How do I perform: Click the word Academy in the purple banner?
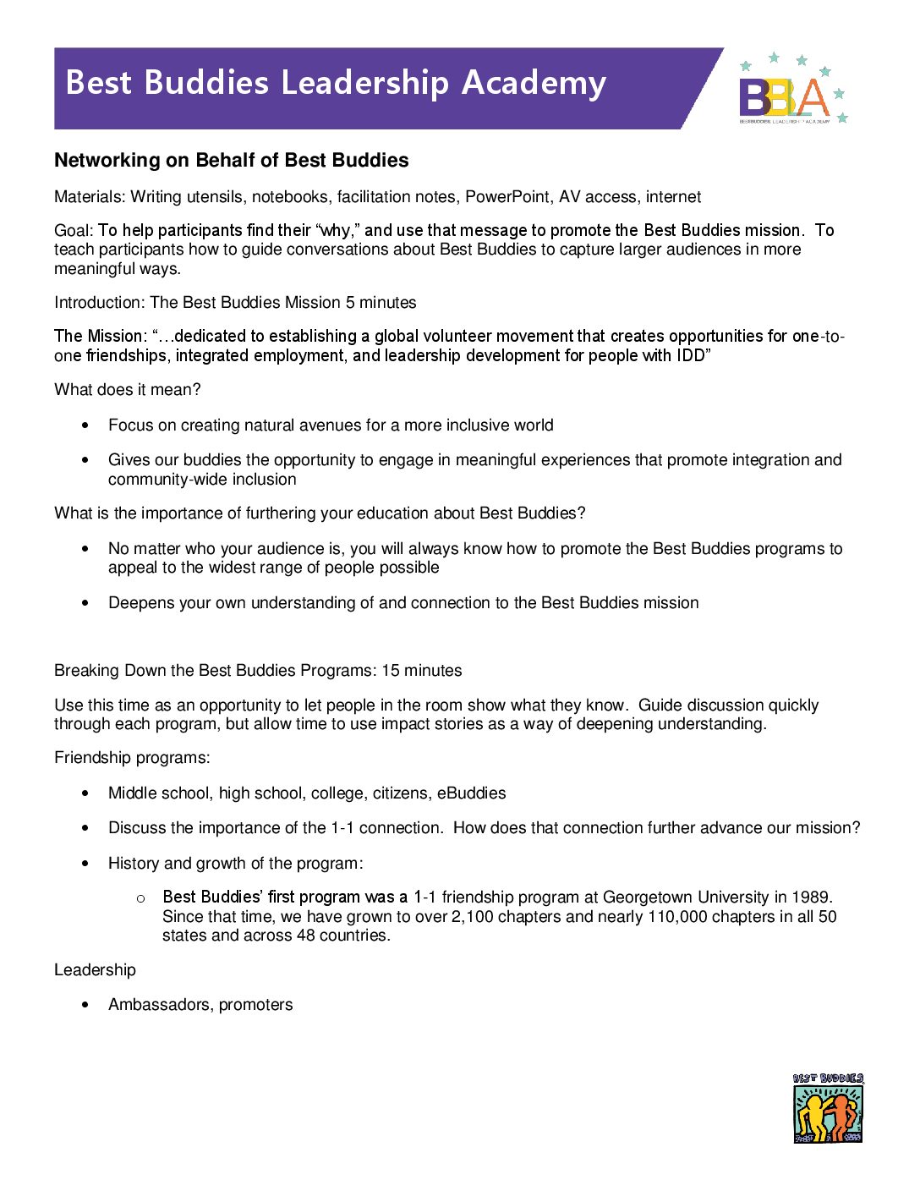tap(534, 83)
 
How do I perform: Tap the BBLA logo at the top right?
tap(791, 91)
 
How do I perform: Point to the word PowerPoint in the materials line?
tap(509, 197)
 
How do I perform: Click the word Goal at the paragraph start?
tap(73, 231)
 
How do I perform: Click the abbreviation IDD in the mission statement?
tap(690, 356)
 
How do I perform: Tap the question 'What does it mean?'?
tap(128, 390)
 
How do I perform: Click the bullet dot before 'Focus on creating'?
tap(85, 425)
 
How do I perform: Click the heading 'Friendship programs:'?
tap(132, 758)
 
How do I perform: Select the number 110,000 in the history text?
tap(677, 917)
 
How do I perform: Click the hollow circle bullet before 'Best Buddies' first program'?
tap(140, 898)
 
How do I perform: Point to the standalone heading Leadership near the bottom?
tap(95, 970)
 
